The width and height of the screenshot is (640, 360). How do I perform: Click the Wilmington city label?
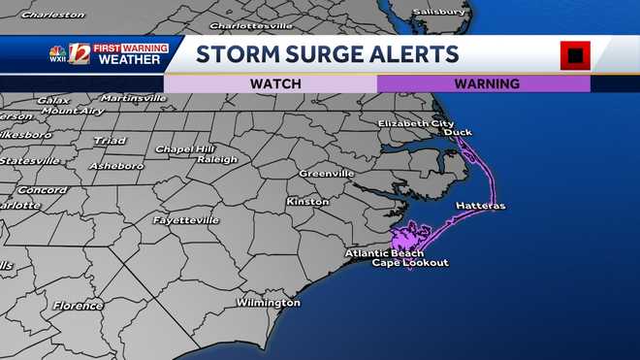pyautogui.click(x=269, y=303)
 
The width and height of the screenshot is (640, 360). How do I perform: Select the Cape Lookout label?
pyautogui.click(x=411, y=263)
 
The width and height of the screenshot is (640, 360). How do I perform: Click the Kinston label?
pyautogui.click(x=308, y=201)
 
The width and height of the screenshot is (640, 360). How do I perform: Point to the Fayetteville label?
pyautogui.click(x=185, y=220)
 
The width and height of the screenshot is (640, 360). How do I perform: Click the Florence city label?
pyautogui.click(x=78, y=306)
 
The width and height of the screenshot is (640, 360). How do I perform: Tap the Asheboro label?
pyautogui.click(x=116, y=166)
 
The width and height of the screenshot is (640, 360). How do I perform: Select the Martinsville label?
pyautogui.click(x=134, y=97)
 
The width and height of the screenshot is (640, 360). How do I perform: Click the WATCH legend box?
pyautogui.click(x=271, y=83)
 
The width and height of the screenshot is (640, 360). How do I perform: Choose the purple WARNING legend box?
pyautogui.click(x=483, y=83)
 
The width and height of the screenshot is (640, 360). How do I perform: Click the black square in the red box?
pyautogui.click(x=575, y=55)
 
